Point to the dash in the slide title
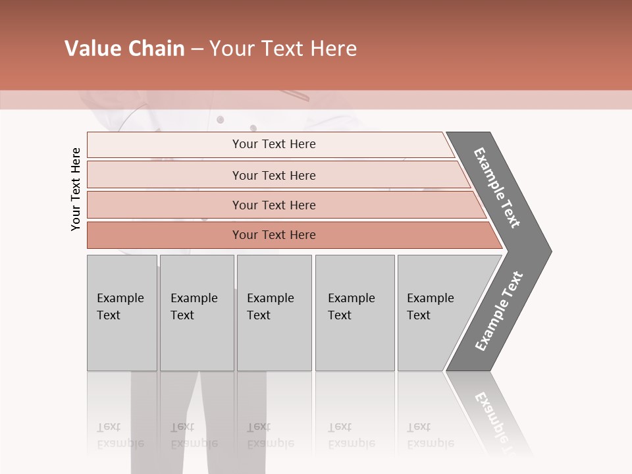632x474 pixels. [x=196, y=49]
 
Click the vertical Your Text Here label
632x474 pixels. [x=76, y=189]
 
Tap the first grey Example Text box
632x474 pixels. [x=122, y=313]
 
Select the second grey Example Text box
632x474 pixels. [x=197, y=313]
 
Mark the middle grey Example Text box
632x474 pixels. [x=274, y=313]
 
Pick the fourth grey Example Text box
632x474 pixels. [x=355, y=313]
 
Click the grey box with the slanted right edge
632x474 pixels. [x=434, y=313]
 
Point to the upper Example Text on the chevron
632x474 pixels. [x=497, y=188]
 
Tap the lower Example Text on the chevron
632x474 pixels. [x=499, y=311]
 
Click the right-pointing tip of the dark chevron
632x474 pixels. [x=548, y=251]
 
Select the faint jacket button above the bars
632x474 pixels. [x=220, y=119]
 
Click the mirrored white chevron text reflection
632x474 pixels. [x=497, y=419]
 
